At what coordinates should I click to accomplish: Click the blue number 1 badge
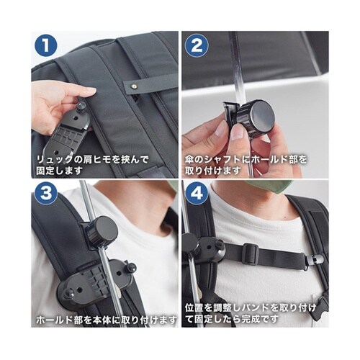[46, 45]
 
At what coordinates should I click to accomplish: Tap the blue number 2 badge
[197, 45]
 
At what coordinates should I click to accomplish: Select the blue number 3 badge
[46, 193]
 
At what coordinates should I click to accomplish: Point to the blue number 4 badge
[197, 193]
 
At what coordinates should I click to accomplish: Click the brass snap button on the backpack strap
[135, 85]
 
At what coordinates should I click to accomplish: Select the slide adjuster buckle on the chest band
[251, 254]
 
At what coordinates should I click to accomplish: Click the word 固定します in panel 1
[60, 171]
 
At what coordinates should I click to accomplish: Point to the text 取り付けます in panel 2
[212, 171]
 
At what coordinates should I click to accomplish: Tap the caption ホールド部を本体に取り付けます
[107, 320]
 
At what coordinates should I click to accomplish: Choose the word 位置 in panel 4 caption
[194, 308]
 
